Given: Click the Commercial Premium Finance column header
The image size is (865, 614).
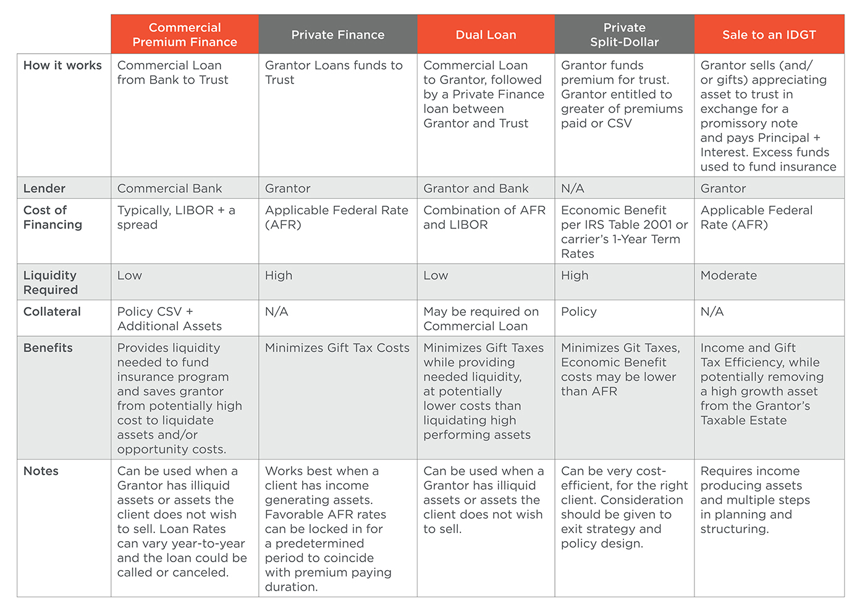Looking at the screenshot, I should [x=185, y=35].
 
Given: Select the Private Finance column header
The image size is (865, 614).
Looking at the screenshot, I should [x=337, y=35].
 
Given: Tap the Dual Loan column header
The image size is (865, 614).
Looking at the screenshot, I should [x=486, y=35].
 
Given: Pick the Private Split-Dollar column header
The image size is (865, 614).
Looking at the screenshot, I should [x=624, y=35].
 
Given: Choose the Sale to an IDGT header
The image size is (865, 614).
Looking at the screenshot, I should [x=769, y=35].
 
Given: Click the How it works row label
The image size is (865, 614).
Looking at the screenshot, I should [x=62, y=65].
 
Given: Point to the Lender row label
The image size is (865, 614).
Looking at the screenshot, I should [x=44, y=188].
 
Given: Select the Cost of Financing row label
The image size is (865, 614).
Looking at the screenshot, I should [x=53, y=217].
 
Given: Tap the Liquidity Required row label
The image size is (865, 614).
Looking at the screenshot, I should [x=51, y=282].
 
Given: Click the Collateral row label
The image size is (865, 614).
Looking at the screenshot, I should [x=52, y=312].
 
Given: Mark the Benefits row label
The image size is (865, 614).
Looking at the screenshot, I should [x=48, y=348].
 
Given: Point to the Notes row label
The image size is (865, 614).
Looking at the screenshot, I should [x=41, y=471].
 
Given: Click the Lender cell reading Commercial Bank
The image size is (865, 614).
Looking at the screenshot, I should [x=169, y=188].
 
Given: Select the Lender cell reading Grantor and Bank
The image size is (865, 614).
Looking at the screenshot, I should [x=476, y=188].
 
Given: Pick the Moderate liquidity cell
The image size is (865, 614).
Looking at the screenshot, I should [x=728, y=275].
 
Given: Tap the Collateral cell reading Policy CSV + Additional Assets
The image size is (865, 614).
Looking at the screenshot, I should [x=169, y=319].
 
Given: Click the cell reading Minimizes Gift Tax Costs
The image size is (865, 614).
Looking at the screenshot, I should [x=337, y=348].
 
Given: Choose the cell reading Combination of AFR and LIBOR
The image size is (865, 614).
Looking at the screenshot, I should [x=484, y=217].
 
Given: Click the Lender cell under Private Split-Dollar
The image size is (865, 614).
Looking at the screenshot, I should [x=573, y=188].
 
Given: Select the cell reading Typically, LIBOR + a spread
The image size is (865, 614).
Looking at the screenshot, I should [x=176, y=217].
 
